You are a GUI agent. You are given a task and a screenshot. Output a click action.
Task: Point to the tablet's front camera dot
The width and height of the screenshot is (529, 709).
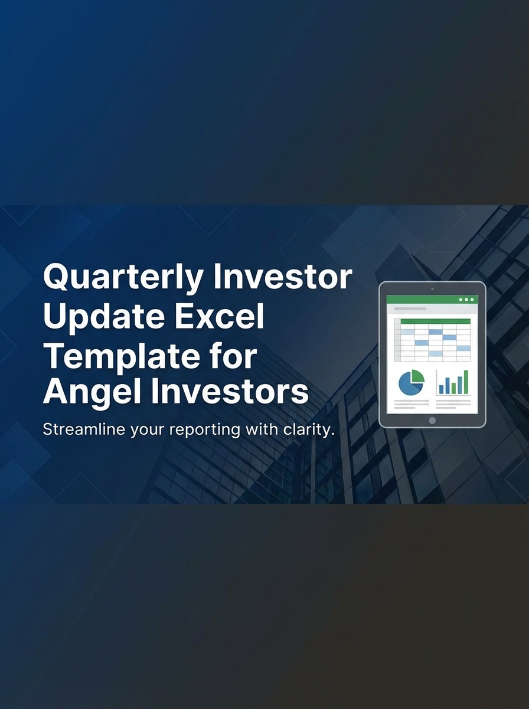(x=432, y=289)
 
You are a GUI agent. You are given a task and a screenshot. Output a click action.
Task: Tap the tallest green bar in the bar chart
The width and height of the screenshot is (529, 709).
(x=466, y=382)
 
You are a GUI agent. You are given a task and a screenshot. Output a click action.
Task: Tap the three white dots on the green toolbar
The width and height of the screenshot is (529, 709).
(x=466, y=300)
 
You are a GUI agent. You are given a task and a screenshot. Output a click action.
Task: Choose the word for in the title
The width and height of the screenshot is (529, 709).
(x=233, y=357)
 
